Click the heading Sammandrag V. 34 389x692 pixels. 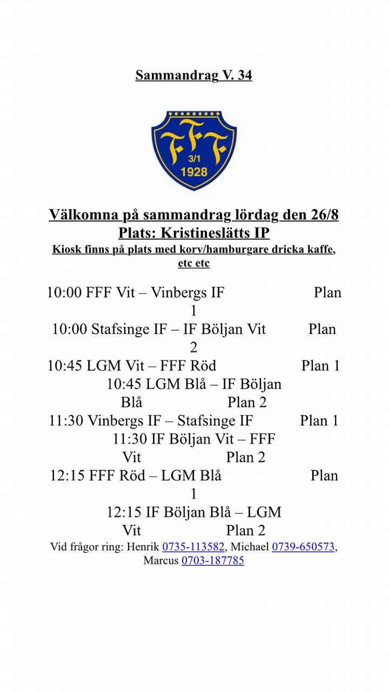193,75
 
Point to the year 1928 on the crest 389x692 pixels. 194,172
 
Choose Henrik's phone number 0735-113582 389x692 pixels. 193,547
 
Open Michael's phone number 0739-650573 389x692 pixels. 303,547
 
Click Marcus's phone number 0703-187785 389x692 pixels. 212,561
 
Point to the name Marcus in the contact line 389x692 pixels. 160,561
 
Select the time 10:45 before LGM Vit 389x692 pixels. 65,366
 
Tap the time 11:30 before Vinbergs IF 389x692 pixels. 66,421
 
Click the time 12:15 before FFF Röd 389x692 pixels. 68,476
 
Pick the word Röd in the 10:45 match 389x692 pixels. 203,366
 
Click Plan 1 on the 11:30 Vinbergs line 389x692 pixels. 319,421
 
